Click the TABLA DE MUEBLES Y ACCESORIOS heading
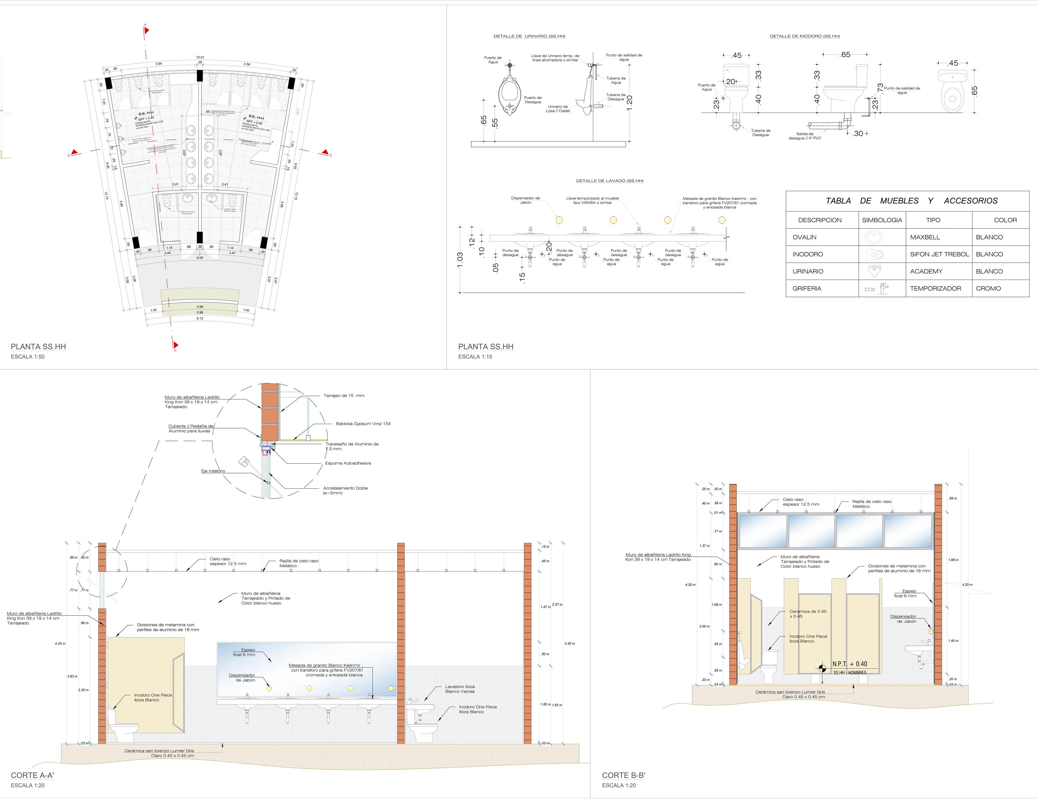[x=911, y=201]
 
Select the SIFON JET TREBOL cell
[x=939, y=254]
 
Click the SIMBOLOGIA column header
[x=882, y=220]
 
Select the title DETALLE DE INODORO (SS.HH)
[x=805, y=36]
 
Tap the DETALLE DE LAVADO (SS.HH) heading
[x=609, y=181]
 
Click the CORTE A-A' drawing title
[x=32, y=775]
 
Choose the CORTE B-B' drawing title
[x=624, y=775]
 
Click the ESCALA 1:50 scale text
[x=28, y=357]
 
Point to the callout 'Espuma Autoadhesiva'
[x=348, y=463]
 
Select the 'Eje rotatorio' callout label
[x=213, y=471]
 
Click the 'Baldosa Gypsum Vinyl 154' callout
[x=363, y=424]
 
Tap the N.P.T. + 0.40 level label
[x=850, y=664]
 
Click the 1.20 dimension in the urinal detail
[x=630, y=102]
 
